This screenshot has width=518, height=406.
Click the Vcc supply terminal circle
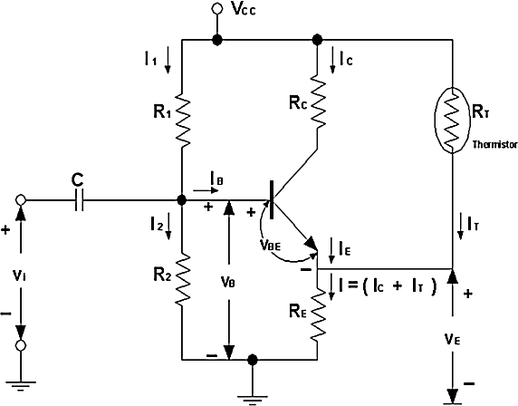pyautogui.click(x=217, y=8)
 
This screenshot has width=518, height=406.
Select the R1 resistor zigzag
pyautogui.click(x=182, y=120)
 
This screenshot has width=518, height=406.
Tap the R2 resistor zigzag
pyautogui.click(x=182, y=280)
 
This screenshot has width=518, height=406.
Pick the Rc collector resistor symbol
pyautogui.click(x=318, y=101)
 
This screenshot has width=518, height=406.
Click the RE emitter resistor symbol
pyautogui.click(x=318, y=314)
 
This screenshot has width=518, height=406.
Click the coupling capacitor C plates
pyautogui.click(x=80, y=199)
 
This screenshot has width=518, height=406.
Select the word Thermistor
pyautogui.click(x=494, y=144)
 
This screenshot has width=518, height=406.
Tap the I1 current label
pyautogui.click(x=150, y=59)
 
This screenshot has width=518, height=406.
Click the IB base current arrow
pyautogui.click(x=206, y=190)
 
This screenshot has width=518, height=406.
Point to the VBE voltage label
pyautogui.click(x=270, y=246)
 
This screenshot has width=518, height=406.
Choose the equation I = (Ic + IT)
pyautogui.click(x=388, y=286)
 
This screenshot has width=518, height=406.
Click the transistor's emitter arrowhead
pyautogui.click(x=312, y=244)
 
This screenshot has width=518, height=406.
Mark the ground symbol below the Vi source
pyautogui.click(x=21, y=386)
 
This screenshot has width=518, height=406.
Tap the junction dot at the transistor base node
pyautogui.click(x=182, y=199)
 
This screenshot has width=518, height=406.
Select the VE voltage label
pyautogui.click(x=452, y=339)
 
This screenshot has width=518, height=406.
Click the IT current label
pyautogui.click(x=473, y=224)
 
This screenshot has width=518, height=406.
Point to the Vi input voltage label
pyautogui.click(x=21, y=276)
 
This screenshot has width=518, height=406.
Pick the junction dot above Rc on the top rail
pyautogui.click(x=317, y=40)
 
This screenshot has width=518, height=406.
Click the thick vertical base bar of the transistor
pyautogui.click(x=272, y=199)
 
